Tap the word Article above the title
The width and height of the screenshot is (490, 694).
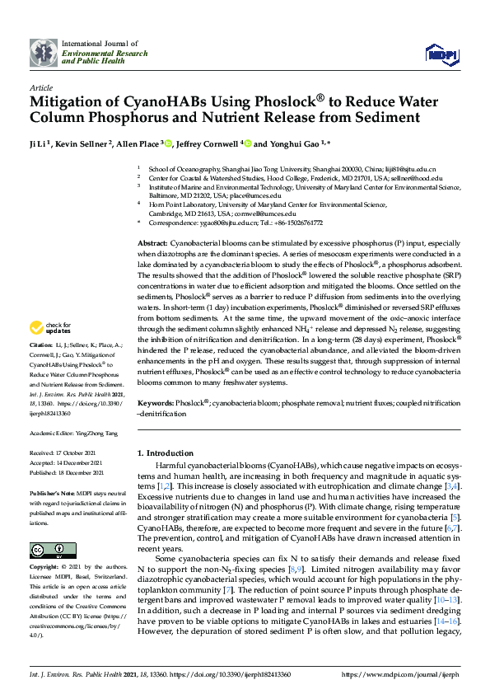[x=41, y=87]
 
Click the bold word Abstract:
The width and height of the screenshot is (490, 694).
[x=152, y=246]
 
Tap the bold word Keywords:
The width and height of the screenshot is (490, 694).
[x=156, y=404]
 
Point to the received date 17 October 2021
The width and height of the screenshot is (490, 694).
[x=85, y=453]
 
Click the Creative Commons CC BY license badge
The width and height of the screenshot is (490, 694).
[x=47, y=550]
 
